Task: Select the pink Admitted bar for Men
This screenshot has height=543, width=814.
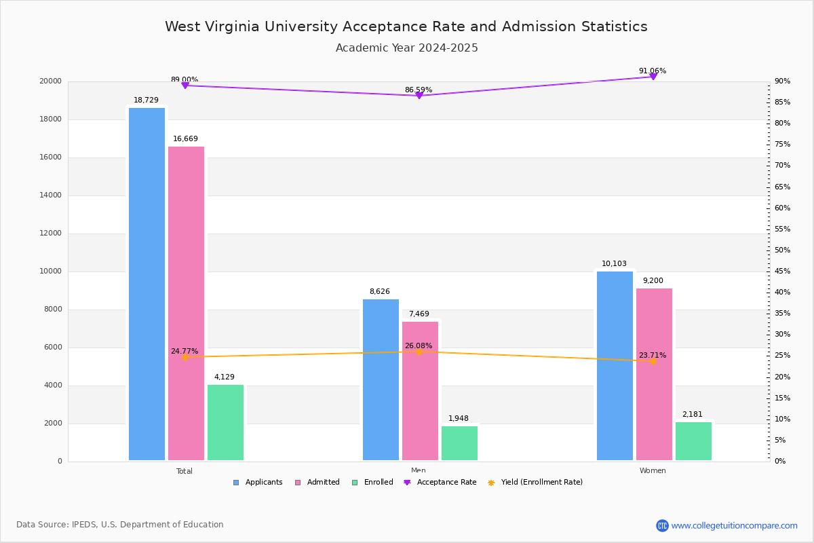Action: (x=420, y=391)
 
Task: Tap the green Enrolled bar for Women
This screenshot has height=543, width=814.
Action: (x=693, y=441)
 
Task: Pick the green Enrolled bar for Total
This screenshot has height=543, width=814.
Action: (x=225, y=422)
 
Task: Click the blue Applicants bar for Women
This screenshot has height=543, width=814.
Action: (x=615, y=366)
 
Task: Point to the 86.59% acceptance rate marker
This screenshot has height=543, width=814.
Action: (x=419, y=96)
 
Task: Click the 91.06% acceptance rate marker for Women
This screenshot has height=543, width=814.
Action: (x=653, y=77)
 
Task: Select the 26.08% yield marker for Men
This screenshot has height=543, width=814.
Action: (x=419, y=352)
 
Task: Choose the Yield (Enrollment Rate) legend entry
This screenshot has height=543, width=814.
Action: (x=535, y=483)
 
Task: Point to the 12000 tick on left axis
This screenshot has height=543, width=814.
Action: (x=52, y=233)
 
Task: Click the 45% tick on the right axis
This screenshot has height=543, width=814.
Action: (x=782, y=271)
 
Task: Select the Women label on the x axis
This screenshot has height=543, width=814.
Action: (x=653, y=471)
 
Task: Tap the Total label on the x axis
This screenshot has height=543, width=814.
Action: (x=185, y=471)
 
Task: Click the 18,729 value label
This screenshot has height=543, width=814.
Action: (x=146, y=100)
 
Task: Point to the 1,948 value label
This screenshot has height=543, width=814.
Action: (x=459, y=419)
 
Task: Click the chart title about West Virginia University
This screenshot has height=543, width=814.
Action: (x=406, y=27)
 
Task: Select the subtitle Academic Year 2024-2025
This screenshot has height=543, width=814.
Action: (x=406, y=48)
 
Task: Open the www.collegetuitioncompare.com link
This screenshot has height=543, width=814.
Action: (x=734, y=525)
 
